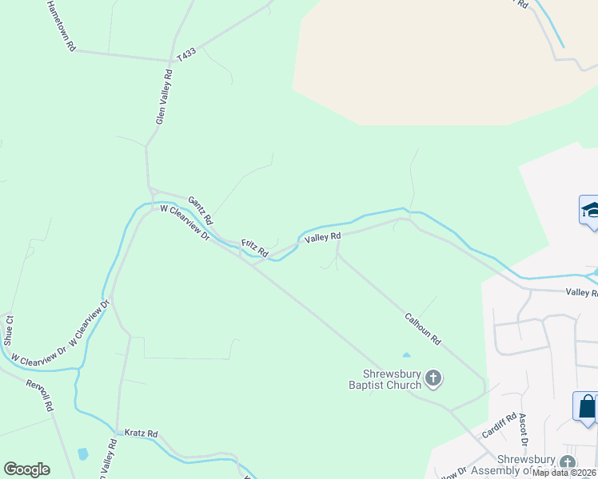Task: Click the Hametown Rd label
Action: click(60, 26)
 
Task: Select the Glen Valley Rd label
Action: click(164, 96)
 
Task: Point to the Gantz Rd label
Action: click(200, 209)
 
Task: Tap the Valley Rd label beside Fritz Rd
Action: click(323, 236)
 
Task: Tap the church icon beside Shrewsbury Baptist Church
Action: click(433, 377)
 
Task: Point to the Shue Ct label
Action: click(10, 329)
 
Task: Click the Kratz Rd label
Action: click(142, 433)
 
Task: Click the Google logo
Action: click(26, 469)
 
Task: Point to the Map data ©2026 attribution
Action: click(564, 473)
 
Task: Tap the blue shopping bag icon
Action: click(587, 407)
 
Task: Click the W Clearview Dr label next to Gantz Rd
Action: click(185, 223)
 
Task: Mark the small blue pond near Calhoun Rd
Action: click(406, 354)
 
